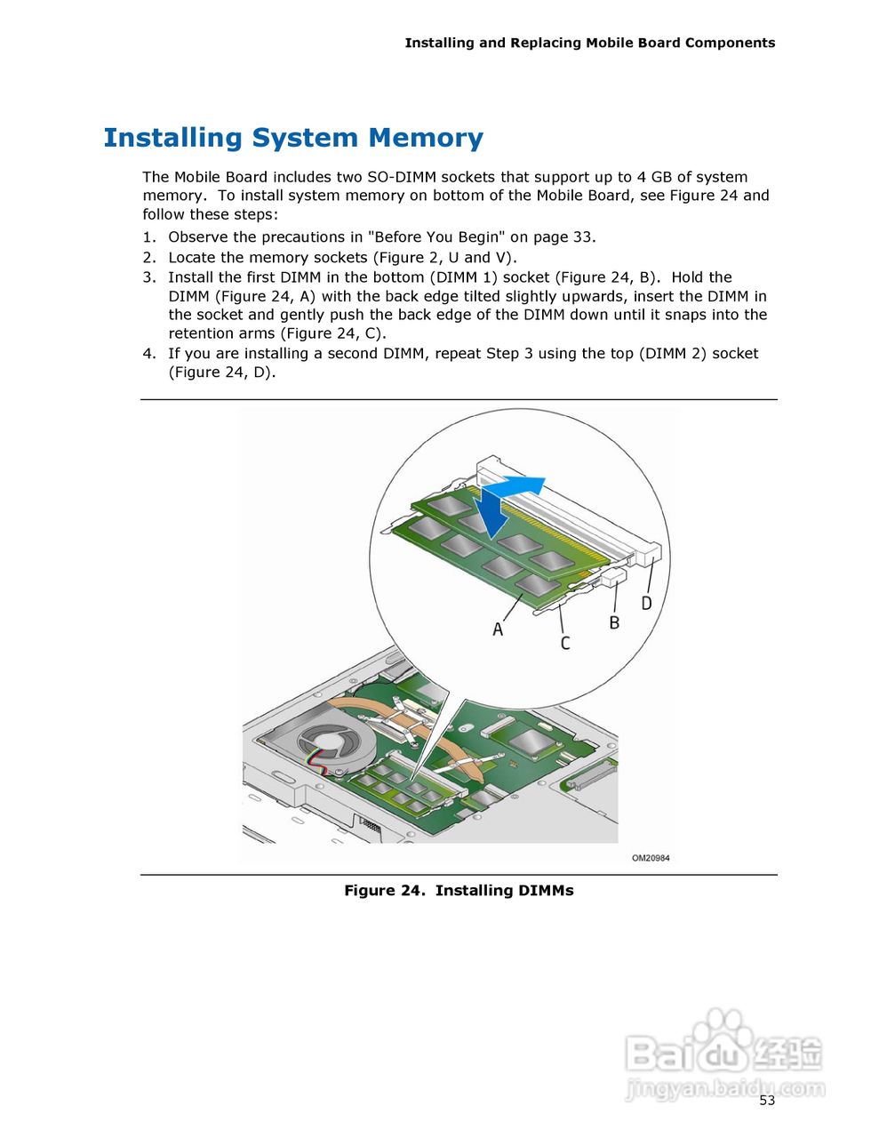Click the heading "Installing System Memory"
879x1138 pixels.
click(x=293, y=138)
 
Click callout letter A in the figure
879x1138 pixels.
click(x=498, y=629)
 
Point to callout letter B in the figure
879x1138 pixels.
click(x=614, y=623)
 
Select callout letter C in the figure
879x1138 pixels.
click(x=565, y=642)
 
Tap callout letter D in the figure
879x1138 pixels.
click(x=646, y=603)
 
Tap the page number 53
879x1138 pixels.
click(x=767, y=1101)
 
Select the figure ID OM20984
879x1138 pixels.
click(x=651, y=858)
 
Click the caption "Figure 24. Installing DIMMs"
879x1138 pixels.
click(x=459, y=891)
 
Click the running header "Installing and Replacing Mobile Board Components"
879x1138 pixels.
click(x=589, y=43)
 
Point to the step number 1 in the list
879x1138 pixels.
click(x=149, y=237)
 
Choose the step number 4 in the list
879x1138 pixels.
click(x=149, y=354)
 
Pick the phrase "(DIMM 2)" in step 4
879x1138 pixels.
click(x=673, y=354)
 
